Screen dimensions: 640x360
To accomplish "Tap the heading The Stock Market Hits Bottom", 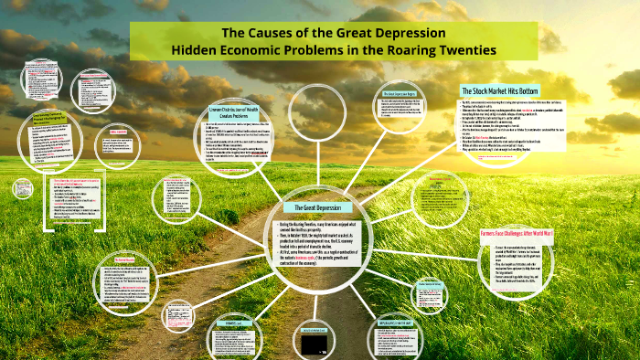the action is click(500, 90).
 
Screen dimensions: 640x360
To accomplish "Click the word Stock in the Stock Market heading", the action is click(489, 90).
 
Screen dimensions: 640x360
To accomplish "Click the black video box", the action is click(315, 344).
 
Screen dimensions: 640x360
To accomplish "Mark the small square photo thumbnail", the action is click(23, 187).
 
